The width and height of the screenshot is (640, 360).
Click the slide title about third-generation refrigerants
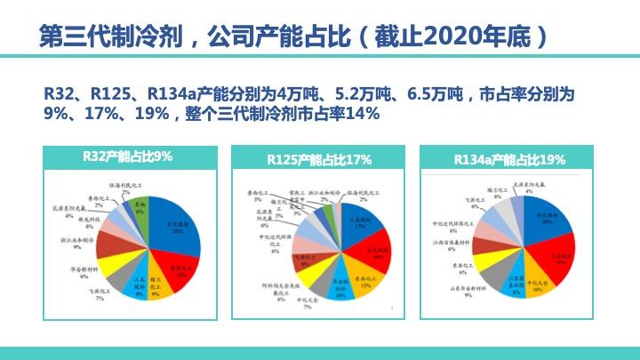click(x=293, y=37)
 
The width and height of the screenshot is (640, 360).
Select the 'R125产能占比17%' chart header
click(x=319, y=160)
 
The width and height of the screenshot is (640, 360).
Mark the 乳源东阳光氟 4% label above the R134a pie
click(x=528, y=187)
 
